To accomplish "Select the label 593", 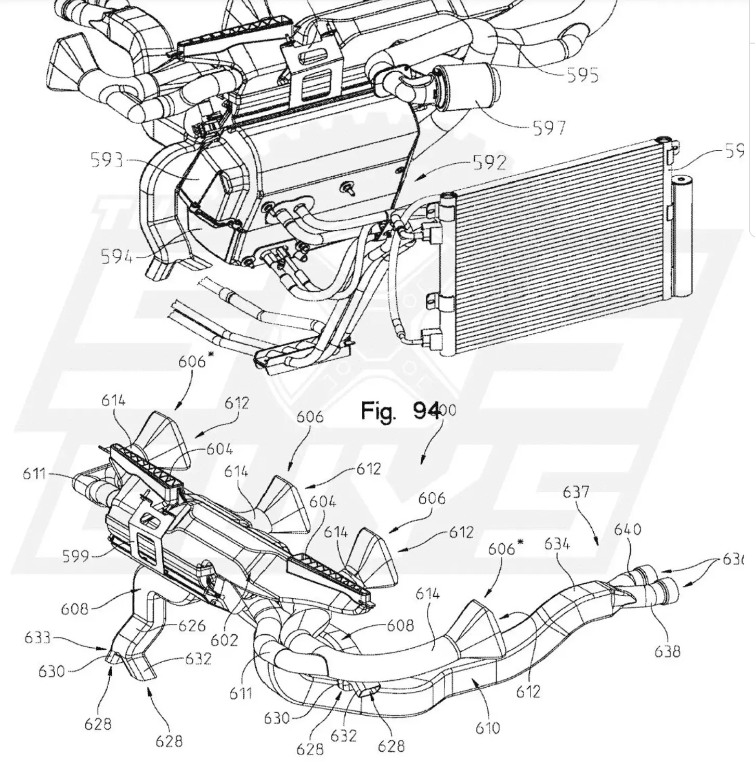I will click(x=107, y=160).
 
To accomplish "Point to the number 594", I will click(x=116, y=256).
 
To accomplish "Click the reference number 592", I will click(x=489, y=163).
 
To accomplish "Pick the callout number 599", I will click(x=75, y=557).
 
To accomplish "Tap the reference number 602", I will click(x=224, y=639).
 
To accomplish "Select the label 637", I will click(x=576, y=492).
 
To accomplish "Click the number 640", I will click(x=627, y=530).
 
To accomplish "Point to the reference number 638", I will click(x=667, y=650).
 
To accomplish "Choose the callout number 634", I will click(x=557, y=544).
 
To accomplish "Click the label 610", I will click(x=488, y=728).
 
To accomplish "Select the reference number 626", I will click(x=192, y=625).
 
